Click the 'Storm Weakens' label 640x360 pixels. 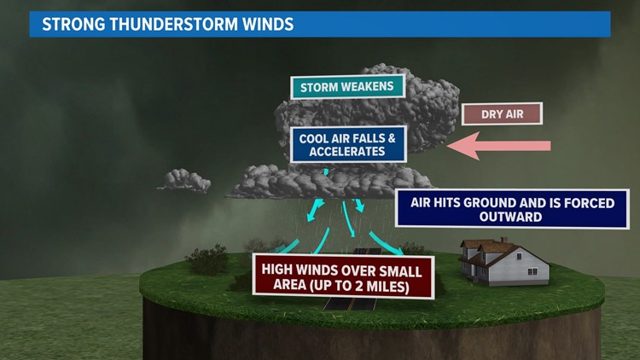coord(346,87)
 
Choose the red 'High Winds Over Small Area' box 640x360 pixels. coord(342,278)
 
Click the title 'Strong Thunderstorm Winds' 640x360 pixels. coord(168,24)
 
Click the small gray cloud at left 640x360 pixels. coord(183,180)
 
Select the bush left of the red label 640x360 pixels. coord(207,259)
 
